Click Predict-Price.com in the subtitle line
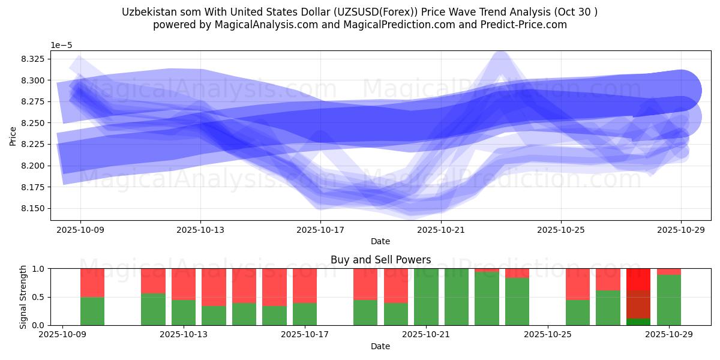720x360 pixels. [x=526, y=25]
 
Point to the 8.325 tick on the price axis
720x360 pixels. [x=40, y=59]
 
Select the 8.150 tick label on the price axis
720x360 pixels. [x=40, y=208]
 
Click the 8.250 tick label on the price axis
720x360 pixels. [x=40, y=123]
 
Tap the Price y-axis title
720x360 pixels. [x=13, y=136]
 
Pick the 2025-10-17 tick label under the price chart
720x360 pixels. [x=321, y=229]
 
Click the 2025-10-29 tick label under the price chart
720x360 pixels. [x=681, y=229]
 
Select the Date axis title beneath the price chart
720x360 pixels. [x=380, y=241]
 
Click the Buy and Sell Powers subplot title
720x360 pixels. [x=380, y=260]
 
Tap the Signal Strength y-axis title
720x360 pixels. [x=23, y=296]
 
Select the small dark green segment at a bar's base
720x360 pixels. [x=638, y=322]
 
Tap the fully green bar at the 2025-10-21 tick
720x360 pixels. [x=426, y=297]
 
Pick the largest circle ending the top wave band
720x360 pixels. [x=680, y=90]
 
